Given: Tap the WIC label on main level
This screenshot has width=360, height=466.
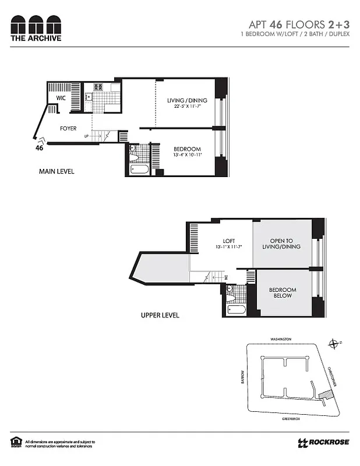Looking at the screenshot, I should [61, 98].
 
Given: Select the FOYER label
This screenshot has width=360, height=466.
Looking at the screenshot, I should [68, 128].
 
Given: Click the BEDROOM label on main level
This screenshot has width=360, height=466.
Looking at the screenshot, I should [187, 149].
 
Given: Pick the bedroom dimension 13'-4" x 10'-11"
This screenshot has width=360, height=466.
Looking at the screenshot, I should [187, 156].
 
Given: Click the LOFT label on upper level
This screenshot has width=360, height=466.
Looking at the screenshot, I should [228, 241].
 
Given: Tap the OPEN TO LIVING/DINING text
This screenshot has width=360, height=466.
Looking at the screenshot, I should [285, 244].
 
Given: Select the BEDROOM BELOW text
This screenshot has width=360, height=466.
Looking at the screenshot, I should [283, 293].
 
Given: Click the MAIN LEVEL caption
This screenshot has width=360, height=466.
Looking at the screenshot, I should [57, 172].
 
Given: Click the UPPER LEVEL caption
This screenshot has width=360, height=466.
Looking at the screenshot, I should [160, 315].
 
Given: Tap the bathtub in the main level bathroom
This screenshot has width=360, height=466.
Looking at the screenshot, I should [139, 170].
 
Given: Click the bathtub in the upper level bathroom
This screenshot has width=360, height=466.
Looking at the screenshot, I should [236, 309].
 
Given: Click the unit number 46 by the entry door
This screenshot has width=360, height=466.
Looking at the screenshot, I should [40, 148].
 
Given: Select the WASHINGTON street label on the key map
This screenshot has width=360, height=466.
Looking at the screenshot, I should [280, 339].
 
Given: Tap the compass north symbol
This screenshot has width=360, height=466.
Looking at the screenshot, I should [333, 344].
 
